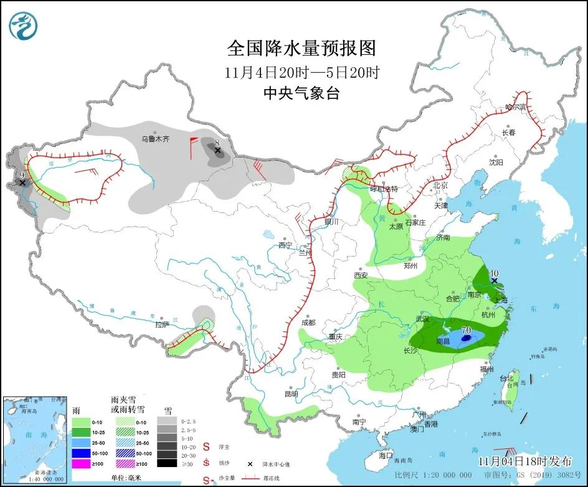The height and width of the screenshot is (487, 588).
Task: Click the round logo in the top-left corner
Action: (x=24, y=26)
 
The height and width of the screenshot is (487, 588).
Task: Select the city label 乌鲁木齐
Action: (x=154, y=139)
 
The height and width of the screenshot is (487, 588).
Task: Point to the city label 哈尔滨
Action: (x=515, y=108)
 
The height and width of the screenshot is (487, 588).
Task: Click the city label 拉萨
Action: (x=162, y=324)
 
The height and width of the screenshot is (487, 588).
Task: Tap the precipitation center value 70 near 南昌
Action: (x=467, y=330)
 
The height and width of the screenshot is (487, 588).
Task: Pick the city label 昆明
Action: (x=291, y=394)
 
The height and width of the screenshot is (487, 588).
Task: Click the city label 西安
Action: (x=361, y=275)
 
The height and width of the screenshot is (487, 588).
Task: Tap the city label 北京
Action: (x=440, y=185)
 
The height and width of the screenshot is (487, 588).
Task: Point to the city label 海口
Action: (x=386, y=455)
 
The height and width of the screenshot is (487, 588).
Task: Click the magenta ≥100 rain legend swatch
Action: (x=81, y=463)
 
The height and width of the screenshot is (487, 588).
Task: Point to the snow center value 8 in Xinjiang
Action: (x=217, y=143)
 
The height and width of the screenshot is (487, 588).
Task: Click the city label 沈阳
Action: (x=495, y=163)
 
